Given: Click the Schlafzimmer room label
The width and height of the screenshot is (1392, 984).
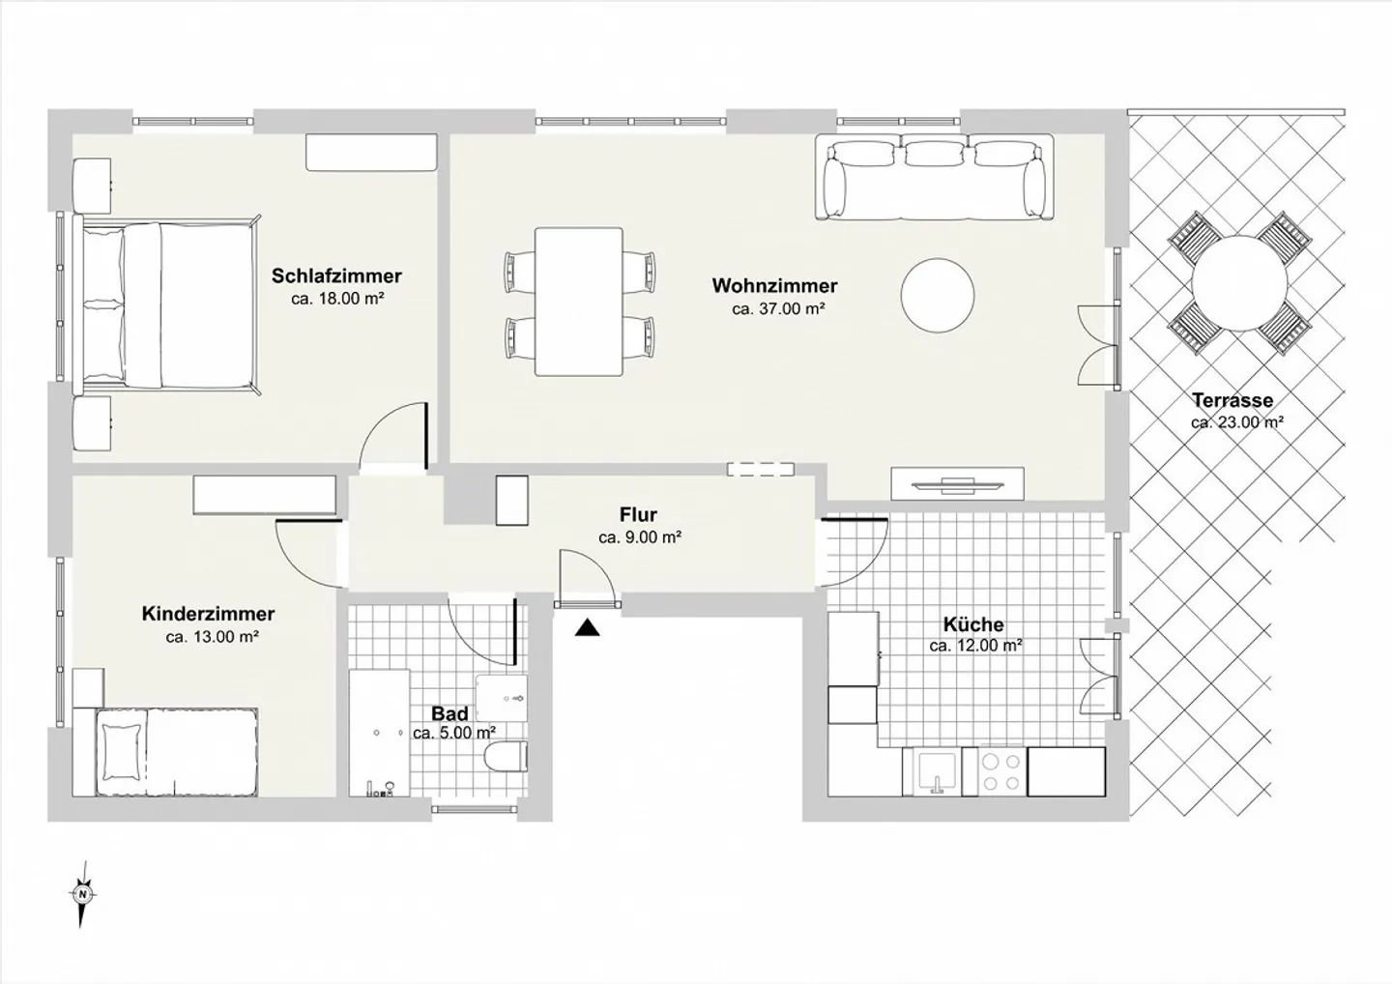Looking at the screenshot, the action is coord(336,275).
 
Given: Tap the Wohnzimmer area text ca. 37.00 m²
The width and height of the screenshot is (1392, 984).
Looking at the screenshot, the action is coord(778,308).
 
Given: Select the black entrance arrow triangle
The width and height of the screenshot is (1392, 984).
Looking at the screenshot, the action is coord(587,628).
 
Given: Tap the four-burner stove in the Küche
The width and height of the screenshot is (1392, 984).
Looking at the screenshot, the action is coord(1002,771).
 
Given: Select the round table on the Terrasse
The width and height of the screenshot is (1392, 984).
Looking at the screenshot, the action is coord(1239,282).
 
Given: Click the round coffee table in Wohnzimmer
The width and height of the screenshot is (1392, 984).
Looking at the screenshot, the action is coord(938,295).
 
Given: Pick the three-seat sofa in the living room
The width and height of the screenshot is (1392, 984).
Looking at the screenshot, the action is coord(935,177).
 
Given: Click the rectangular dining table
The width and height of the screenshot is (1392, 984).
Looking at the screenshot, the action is coord(579,302).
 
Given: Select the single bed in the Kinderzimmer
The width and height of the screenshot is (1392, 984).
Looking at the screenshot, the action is coord(177,752).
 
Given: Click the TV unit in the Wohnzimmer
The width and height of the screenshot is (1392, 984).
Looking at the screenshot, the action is coord(958,483).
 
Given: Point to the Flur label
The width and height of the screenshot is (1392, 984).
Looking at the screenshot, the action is coord(638,514).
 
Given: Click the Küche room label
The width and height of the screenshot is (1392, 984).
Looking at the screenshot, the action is coord(973,623).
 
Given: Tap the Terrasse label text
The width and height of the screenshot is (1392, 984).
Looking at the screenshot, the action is coord(1232,400).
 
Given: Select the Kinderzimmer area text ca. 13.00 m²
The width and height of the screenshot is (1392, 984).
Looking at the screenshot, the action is coord(213,637).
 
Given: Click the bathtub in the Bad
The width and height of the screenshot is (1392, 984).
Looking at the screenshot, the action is coord(379,733).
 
